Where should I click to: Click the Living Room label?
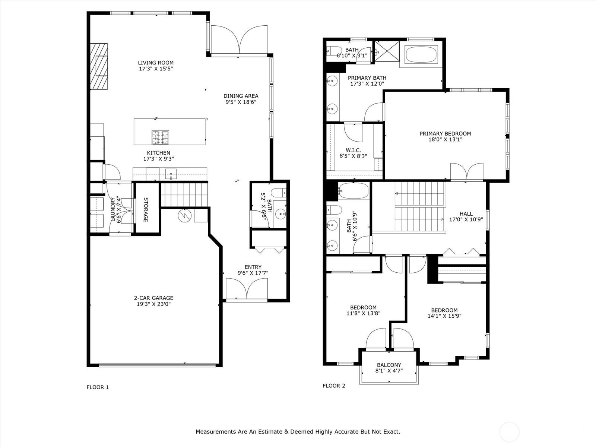point(156,63)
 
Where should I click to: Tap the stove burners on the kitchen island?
point(160,137)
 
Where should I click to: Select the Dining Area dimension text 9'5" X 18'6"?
point(241,102)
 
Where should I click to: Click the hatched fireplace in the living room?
point(99,66)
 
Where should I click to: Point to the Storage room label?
point(146,210)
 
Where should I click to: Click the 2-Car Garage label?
point(153,298)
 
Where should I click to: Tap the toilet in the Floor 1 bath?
point(279,193)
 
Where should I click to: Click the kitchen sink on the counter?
point(171,174)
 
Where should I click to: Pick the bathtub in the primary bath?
point(420,54)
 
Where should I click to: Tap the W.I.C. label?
point(353,150)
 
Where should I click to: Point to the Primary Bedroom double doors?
point(467,171)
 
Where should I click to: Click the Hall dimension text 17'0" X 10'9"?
point(466,219)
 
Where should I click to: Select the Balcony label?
point(389,365)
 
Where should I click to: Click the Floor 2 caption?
point(334,386)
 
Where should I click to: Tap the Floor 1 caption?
point(98,387)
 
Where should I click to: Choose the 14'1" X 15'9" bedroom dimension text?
point(444,316)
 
